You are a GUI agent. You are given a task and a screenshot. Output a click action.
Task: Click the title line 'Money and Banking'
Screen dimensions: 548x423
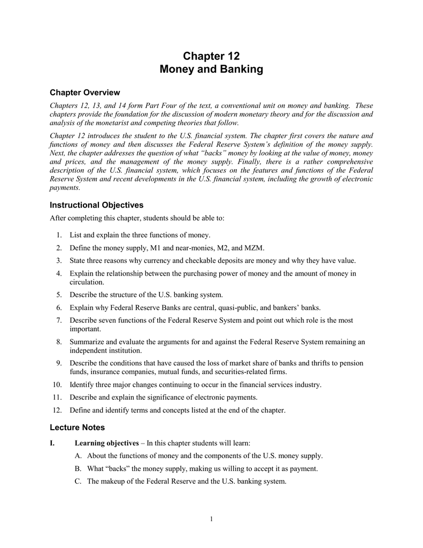(211, 70)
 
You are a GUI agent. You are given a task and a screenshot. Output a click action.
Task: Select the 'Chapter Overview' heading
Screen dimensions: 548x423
(84, 93)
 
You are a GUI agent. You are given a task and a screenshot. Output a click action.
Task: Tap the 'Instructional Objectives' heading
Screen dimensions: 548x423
(96, 205)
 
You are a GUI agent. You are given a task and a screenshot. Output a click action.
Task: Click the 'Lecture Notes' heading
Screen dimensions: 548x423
(77, 427)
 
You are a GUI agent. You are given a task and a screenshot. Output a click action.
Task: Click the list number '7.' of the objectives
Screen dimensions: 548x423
(59, 320)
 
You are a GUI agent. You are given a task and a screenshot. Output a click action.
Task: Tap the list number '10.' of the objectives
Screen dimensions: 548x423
(57, 385)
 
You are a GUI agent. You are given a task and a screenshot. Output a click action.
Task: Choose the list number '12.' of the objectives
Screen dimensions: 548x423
(57, 410)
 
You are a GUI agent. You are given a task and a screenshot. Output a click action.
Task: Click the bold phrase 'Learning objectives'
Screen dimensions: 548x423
(106, 443)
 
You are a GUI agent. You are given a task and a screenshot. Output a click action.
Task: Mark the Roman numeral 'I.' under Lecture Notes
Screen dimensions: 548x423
(52, 443)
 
